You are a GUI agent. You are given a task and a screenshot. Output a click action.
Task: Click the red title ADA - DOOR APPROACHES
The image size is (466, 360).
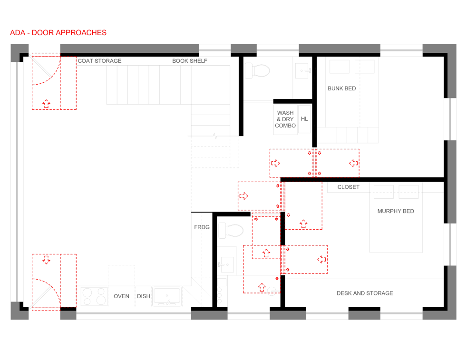click(x=58, y=32)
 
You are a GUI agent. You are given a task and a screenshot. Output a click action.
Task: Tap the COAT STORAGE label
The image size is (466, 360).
click(x=99, y=61)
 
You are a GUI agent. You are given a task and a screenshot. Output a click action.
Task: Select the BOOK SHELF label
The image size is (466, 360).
click(x=190, y=61)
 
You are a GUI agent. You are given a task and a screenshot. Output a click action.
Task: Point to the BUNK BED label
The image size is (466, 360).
click(x=341, y=88)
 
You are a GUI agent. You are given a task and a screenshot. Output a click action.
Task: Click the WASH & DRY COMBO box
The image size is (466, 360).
click(x=285, y=119)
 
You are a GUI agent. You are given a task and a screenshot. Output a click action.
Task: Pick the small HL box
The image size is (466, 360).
click(x=304, y=119)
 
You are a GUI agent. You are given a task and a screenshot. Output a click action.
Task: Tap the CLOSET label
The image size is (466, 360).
click(x=349, y=187)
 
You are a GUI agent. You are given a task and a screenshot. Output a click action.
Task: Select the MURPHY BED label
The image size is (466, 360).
click(x=396, y=211)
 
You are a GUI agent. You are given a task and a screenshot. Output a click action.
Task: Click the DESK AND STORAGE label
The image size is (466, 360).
click(x=365, y=293)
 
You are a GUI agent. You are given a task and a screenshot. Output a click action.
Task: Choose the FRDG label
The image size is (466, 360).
click(x=202, y=227)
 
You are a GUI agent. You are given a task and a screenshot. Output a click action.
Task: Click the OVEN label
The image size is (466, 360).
click(x=121, y=296)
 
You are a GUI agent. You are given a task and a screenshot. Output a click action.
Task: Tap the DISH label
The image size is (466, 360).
click(x=144, y=296)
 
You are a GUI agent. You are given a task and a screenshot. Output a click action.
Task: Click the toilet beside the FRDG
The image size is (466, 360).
click(x=231, y=231)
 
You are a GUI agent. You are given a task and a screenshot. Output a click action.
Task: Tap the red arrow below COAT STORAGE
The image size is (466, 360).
click(x=46, y=103)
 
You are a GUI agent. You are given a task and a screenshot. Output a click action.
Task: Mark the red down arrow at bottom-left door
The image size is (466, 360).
click(x=46, y=260)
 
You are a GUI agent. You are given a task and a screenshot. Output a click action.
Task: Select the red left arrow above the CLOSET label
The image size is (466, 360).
click(x=353, y=163)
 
